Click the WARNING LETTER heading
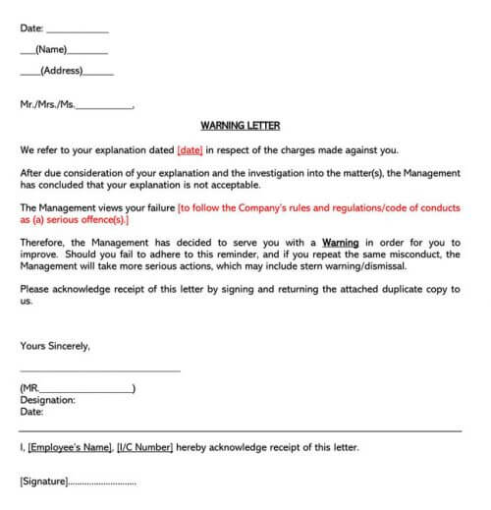coord(240,126)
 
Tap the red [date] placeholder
coord(190,150)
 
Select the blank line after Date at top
coord(78,30)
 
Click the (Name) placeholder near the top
coord(50,49)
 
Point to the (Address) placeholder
coord(61,71)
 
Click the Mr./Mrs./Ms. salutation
coord(46,103)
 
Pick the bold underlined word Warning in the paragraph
coord(341,243)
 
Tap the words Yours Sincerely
coord(55,346)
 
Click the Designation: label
coord(47,400)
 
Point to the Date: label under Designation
coord(31,412)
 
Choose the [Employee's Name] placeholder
coord(70,448)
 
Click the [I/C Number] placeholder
coord(144,448)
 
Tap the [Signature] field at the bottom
coord(44,482)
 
